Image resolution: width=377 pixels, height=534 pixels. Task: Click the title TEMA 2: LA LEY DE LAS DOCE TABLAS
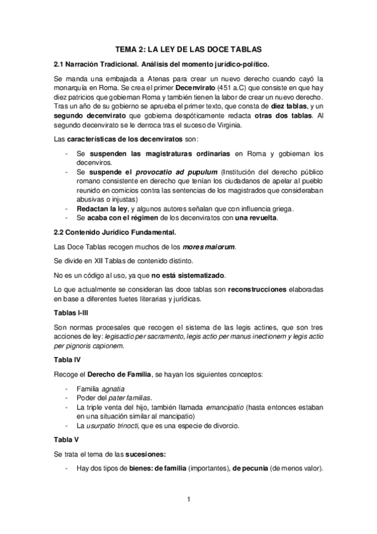(189, 48)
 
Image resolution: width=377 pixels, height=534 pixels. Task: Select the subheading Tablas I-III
(73, 313)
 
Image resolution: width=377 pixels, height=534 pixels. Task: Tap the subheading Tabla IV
(67, 360)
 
